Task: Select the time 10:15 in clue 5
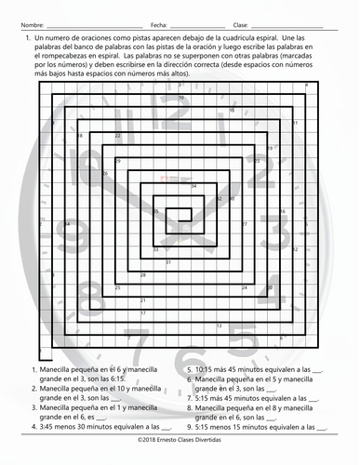(207, 367)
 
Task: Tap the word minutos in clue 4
(102, 418)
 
